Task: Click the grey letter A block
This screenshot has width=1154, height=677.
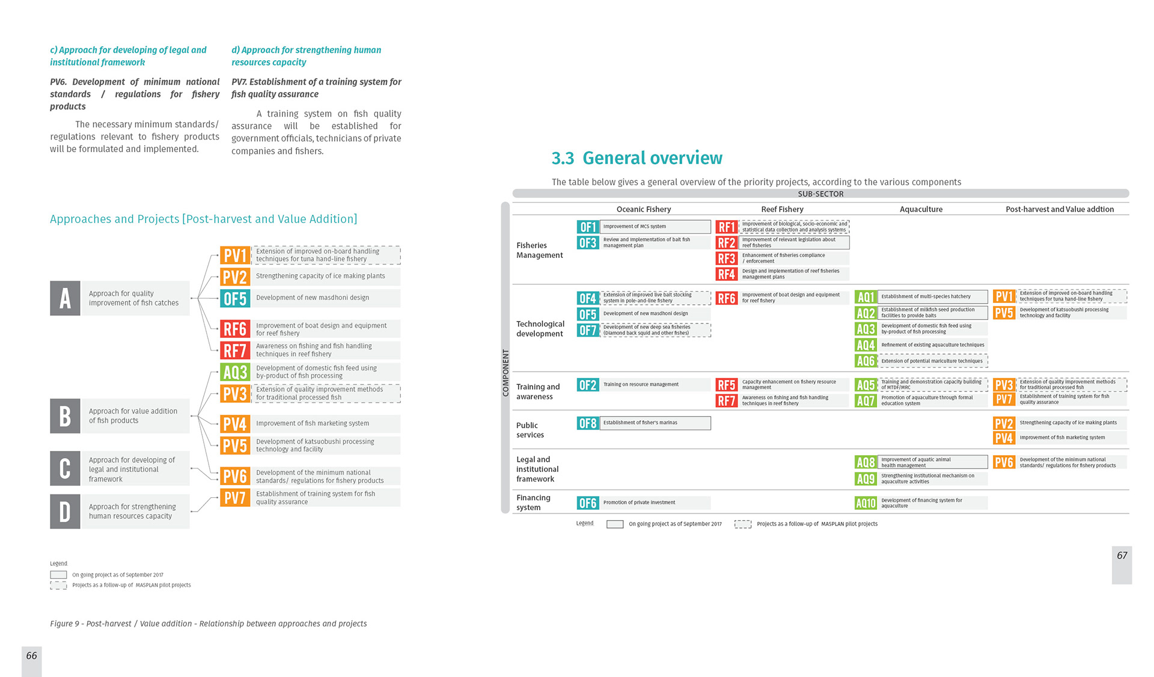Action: tap(65, 298)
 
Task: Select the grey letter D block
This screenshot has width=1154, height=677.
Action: tap(65, 512)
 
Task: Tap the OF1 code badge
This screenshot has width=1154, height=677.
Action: tap(587, 227)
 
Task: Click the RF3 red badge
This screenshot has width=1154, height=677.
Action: tap(726, 259)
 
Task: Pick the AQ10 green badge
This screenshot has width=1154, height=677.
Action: tap(865, 503)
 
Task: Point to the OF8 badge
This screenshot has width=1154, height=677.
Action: tap(587, 423)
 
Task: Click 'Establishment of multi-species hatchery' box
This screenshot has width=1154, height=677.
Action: tap(932, 296)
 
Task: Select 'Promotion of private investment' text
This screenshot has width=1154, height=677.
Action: tap(639, 503)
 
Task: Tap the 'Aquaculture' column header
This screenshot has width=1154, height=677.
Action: tap(921, 209)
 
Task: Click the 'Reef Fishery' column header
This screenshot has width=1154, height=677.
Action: tap(782, 209)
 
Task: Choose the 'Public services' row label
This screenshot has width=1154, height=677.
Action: tap(530, 430)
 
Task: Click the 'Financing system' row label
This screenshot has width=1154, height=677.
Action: tap(533, 503)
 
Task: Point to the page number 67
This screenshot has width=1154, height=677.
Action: tap(1122, 556)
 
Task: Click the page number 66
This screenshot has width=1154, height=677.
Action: tap(32, 656)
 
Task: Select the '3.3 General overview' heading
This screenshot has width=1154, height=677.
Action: tap(637, 158)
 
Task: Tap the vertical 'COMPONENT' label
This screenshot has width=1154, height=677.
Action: tap(505, 373)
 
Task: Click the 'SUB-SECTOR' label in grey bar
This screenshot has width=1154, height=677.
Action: tap(820, 194)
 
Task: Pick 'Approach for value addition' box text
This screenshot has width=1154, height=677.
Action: tap(133, 416)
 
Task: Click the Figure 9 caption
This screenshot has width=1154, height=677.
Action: tap(208, 624)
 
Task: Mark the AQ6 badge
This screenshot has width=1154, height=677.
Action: tap(865, 361)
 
